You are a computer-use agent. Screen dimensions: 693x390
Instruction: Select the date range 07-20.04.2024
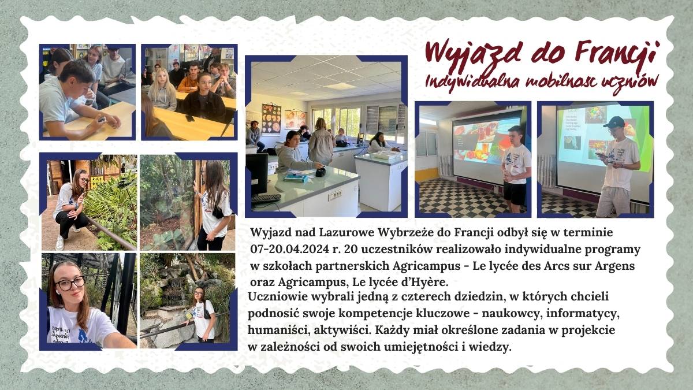290,249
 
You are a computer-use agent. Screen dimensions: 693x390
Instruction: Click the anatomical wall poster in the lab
271,119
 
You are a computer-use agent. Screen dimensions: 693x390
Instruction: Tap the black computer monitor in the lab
257,174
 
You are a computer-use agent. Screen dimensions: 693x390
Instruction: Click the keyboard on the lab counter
266,198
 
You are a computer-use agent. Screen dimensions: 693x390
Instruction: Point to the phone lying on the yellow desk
189,118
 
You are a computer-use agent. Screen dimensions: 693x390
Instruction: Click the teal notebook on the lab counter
296,178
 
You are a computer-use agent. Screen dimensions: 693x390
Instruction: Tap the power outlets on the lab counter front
335,195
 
